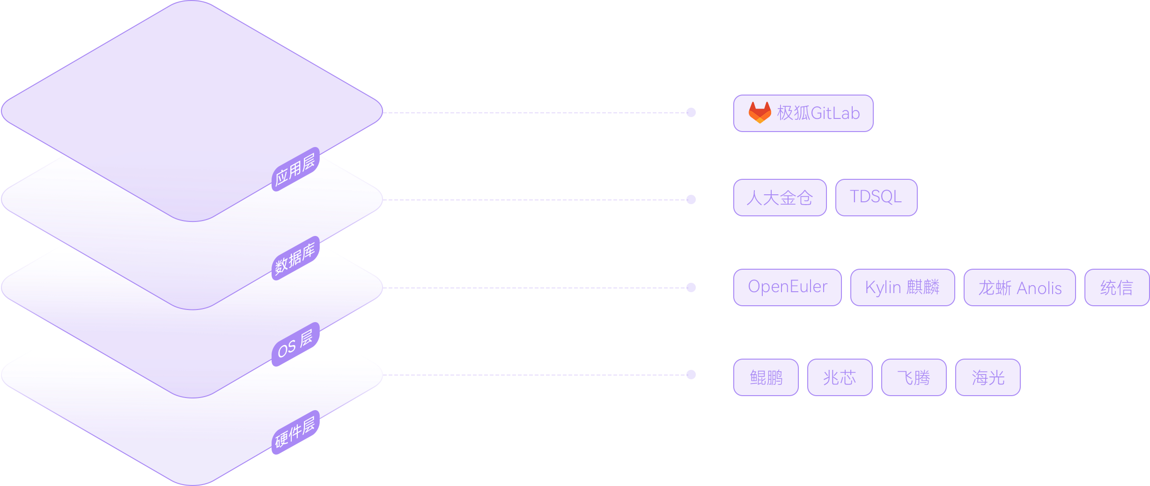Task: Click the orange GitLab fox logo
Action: coord(759,113)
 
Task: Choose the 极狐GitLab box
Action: coord(803,113)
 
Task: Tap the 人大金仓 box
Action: coord(780,198)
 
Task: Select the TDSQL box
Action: coord(876,198)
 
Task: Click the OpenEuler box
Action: coord(787,287)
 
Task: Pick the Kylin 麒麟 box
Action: coord(902,287)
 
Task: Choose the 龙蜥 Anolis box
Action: coord(1019,287)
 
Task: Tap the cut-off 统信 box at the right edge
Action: coord(1117,287)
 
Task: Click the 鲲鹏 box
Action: coord(766,377)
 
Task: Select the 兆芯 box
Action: coord(840,377)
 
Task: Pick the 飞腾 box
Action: coord(914,377)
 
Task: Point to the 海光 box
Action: coord(988,377)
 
